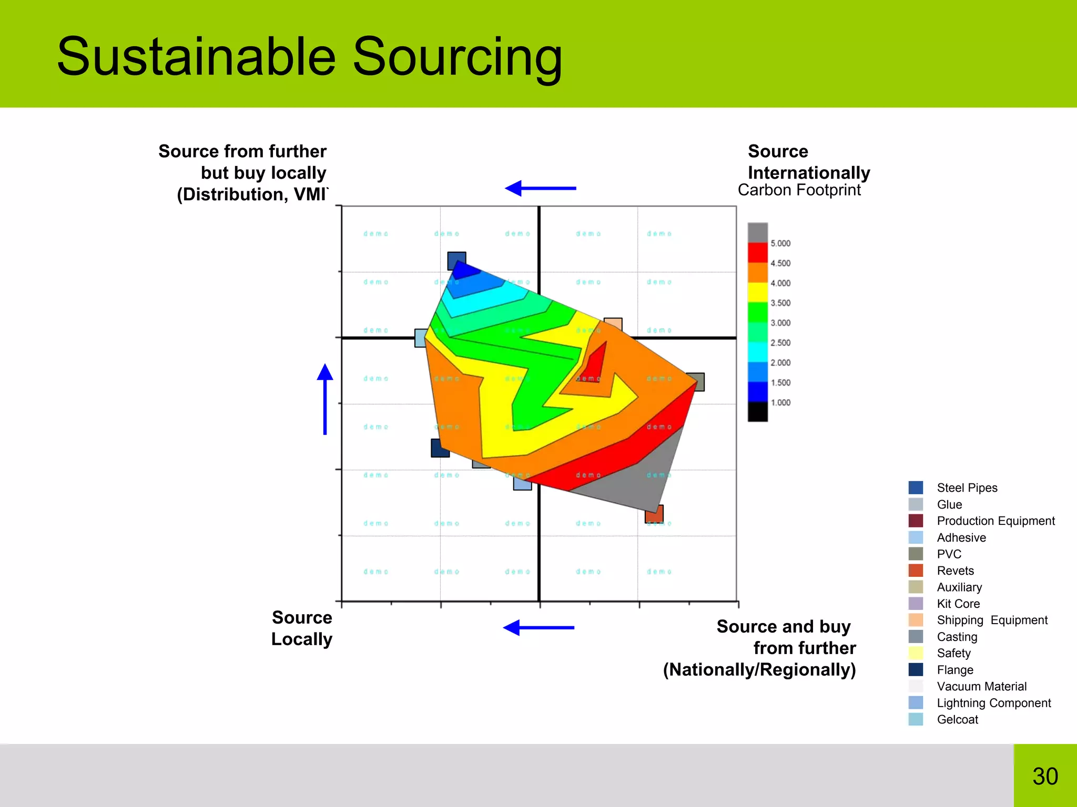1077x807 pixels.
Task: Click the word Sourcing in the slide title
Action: (x=458, y=57)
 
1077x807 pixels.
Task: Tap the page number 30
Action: (x=1045, y=777)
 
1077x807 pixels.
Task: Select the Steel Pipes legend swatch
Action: (x=916, y=488)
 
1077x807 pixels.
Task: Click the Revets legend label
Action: (x=955, y=571)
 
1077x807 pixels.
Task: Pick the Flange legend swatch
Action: (x=916, y=669)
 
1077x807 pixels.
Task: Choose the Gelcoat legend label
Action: (x=957, y=719)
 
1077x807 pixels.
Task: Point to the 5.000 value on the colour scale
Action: (x=780, y=243)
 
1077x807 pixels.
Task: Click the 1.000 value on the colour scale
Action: (x=780, y=402)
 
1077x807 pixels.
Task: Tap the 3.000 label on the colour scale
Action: (x=780, y=323)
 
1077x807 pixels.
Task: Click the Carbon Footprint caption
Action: (x=799, y=190)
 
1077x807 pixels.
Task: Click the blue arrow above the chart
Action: (x=540, y=188)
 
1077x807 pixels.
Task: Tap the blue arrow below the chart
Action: (x=538, y=627)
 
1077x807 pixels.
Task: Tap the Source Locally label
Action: (x=301, y=628)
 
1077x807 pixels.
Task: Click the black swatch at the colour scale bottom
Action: (x=757, y=411)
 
